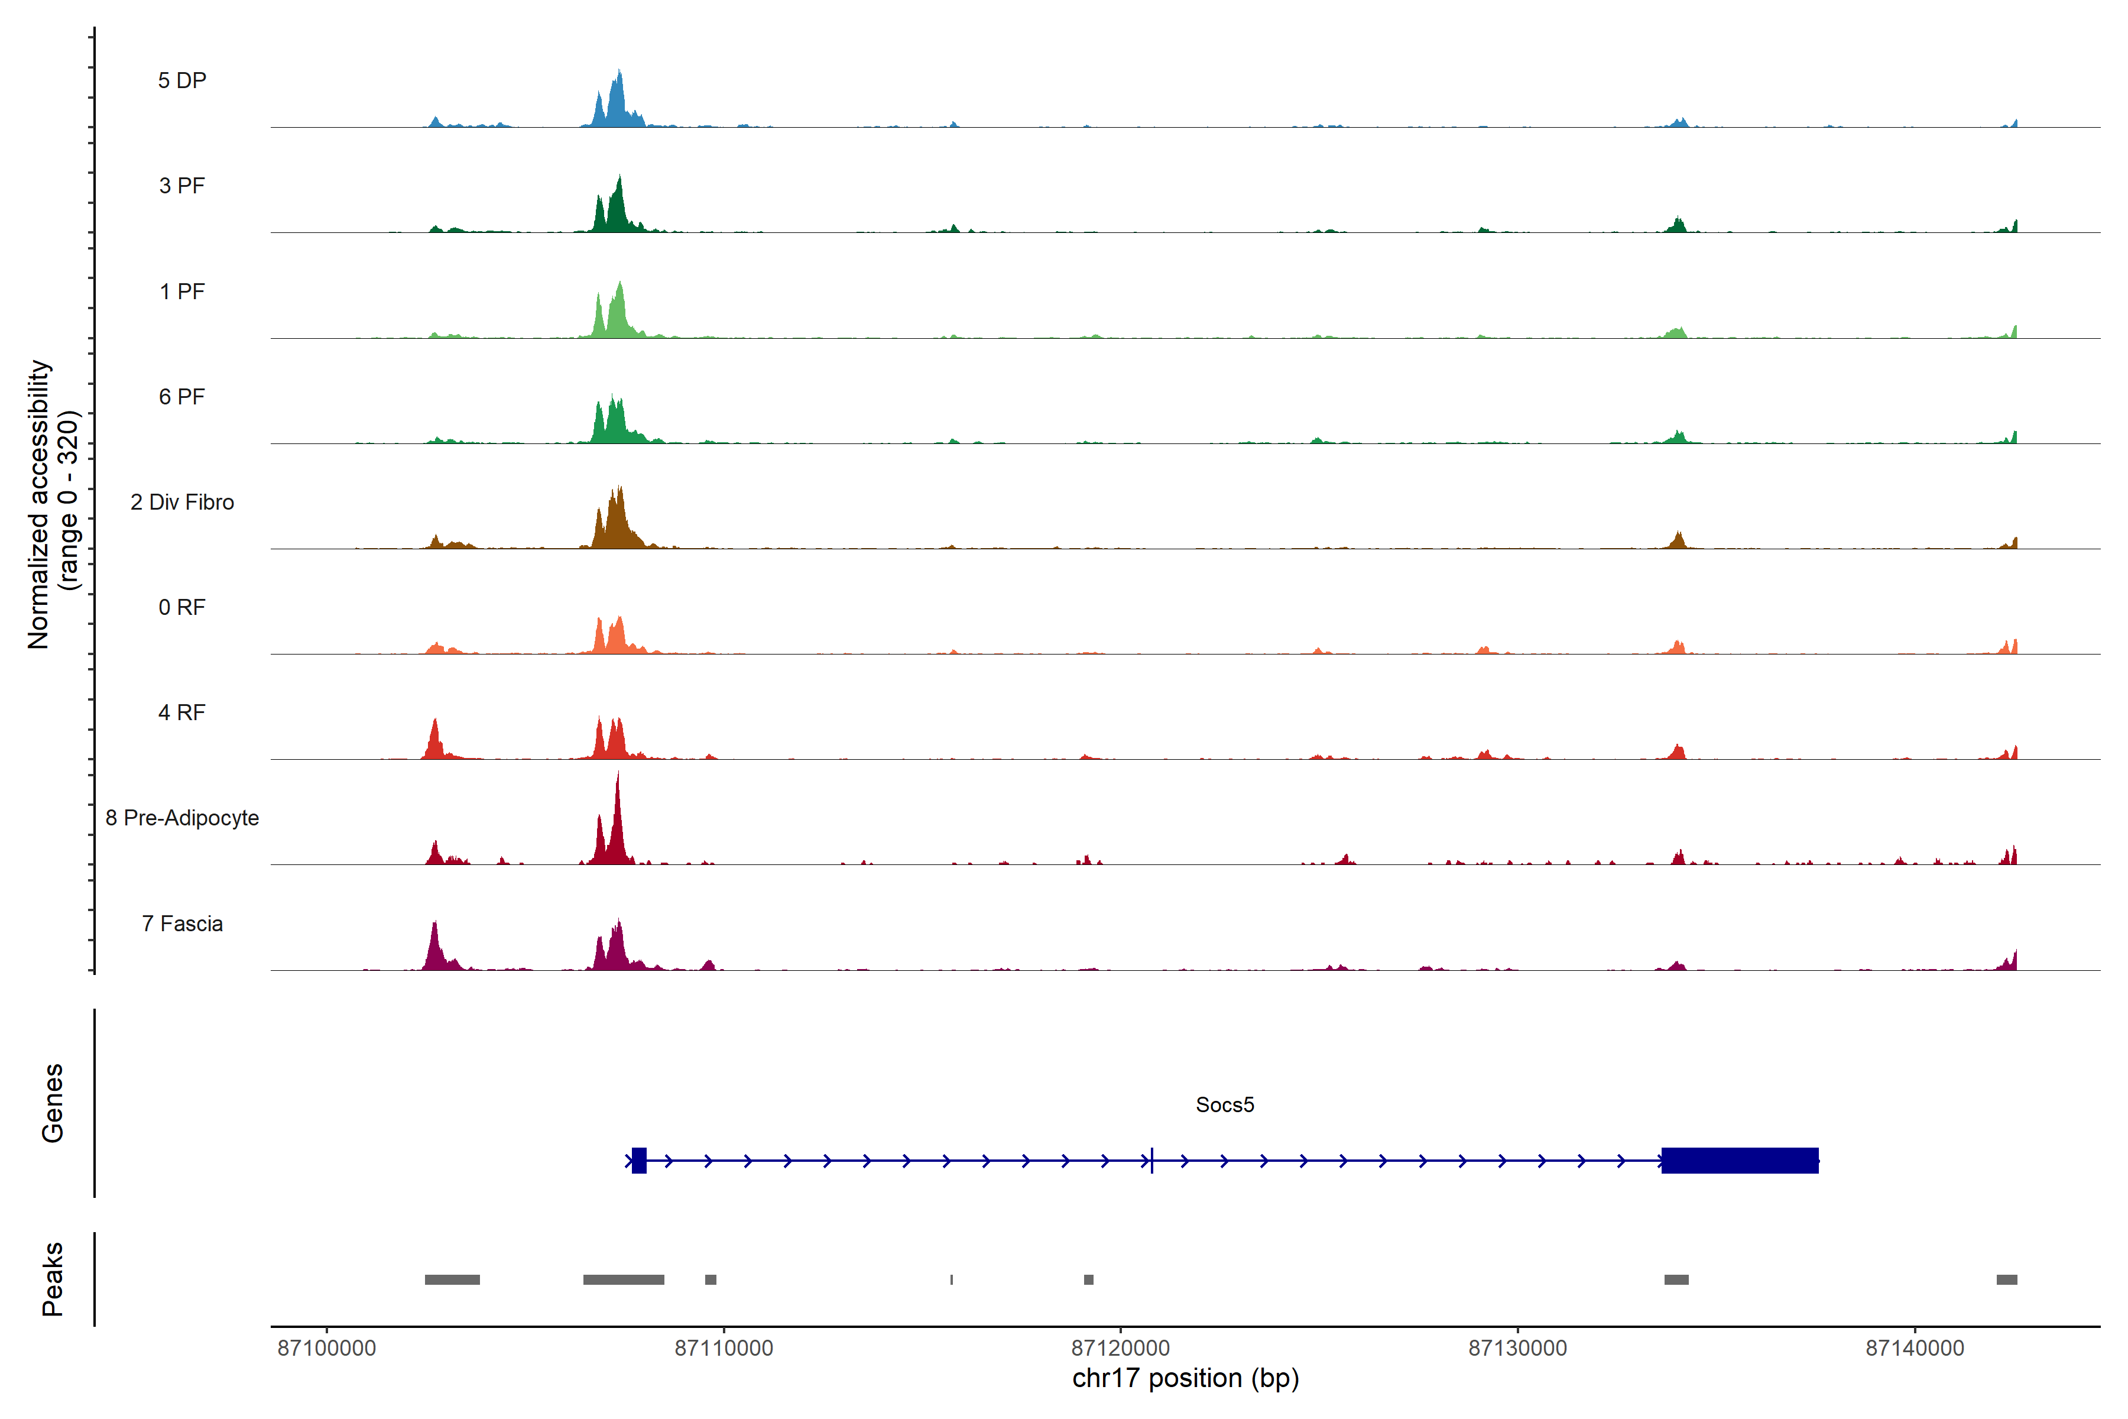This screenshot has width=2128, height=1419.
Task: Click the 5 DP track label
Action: pos(182,80)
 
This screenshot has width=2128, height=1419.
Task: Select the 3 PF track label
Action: pos(182,186)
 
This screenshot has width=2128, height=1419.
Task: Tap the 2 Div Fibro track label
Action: pos(182,502)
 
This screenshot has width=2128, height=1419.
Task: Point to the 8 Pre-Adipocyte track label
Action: pos(182,818)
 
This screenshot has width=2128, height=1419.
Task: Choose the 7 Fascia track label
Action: pos(182,924)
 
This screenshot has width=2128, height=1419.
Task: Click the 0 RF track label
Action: pos(182,607)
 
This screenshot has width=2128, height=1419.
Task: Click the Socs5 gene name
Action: pos(1224,1105)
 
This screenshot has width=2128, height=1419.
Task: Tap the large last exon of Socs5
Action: pos(1739,1160)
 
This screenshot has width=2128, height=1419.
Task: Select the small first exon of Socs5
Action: pos(639,1160)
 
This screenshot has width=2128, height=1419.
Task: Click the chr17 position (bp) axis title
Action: pos(1185,1378)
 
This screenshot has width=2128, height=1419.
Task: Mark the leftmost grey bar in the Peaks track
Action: pos(452,1279)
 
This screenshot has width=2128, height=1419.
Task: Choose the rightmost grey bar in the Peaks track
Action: pos(2007,1279)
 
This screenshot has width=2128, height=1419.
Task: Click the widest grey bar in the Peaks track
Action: pos(624,1279)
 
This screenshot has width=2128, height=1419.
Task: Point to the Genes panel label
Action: pos(53,1103)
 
